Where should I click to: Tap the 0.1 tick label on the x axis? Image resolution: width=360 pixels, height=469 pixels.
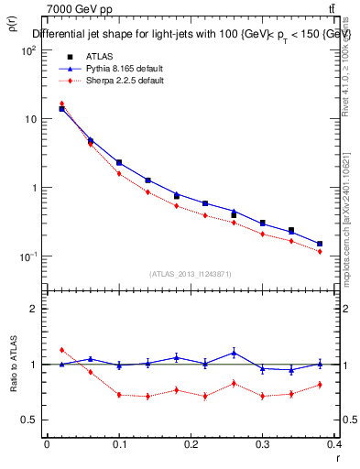point(119,444)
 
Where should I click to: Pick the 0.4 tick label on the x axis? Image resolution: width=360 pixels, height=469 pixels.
point(337,444)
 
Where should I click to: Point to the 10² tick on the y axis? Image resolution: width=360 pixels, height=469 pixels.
point(29,51)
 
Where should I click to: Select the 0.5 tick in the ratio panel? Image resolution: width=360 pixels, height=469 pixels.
point(29,420)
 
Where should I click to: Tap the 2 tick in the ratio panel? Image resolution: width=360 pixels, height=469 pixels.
point(33,310)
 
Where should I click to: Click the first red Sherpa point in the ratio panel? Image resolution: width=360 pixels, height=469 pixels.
point(61,350)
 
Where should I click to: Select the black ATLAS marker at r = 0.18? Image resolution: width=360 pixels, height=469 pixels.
point(177,196)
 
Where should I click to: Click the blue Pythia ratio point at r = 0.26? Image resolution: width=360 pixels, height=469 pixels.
point(235,352)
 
